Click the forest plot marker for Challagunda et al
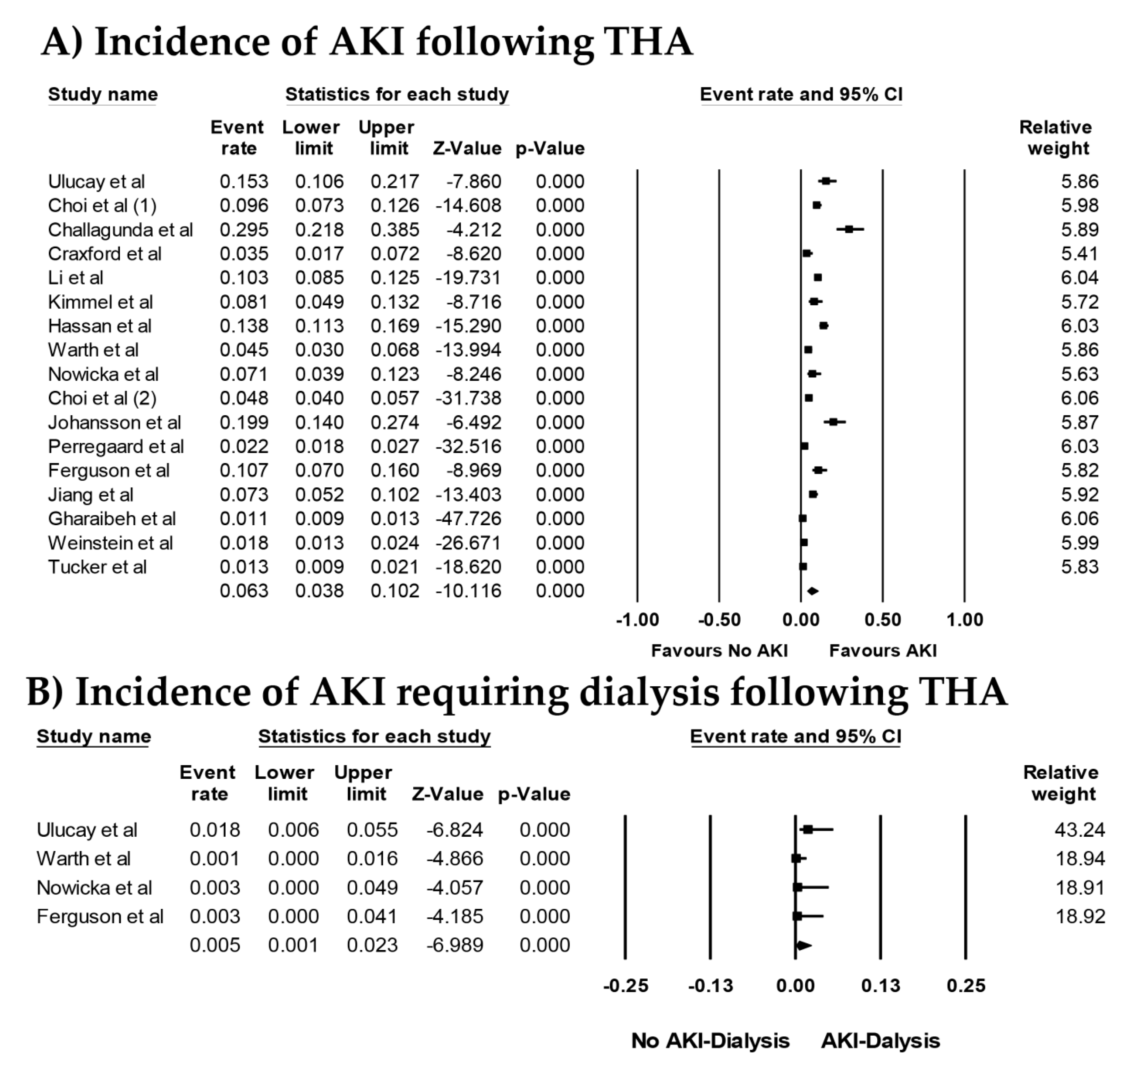point(849,229)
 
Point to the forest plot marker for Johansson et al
point(834,422)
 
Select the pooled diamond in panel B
point(803,945)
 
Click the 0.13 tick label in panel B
point(880,986)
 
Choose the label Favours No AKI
point(719,651)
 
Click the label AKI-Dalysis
point(880,1041)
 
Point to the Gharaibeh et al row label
point(112,519)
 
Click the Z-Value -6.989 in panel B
point(455,945)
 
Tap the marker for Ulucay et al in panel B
point(807,829)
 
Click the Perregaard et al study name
point(115,446)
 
